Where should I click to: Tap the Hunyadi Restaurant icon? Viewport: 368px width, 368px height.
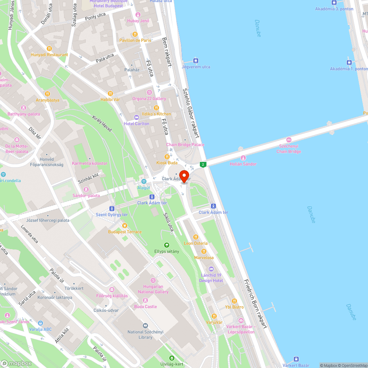coord(49,48)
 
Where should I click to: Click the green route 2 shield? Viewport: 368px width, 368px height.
coord(202,164)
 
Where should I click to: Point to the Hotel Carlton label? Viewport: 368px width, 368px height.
coord(137,124)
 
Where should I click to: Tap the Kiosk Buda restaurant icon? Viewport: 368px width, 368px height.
coord(167,156)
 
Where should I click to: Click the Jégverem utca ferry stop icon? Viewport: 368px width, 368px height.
coord(196,61)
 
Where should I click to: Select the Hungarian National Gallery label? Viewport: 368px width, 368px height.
coord(153,289)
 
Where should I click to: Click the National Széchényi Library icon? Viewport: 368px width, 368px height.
coord(145,326)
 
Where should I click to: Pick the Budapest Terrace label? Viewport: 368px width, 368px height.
coord(125,232)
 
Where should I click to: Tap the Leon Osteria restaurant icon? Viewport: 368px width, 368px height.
coord(196,237)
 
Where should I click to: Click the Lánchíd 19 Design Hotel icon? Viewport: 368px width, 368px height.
coord(211,269)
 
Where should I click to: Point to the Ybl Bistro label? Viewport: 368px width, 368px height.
coord(234,307)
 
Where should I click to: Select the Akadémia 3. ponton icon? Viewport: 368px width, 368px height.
coord(334,3)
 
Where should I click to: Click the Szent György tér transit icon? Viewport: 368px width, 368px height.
coord(112,208)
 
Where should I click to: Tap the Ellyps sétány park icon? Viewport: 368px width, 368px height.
coord(167,245)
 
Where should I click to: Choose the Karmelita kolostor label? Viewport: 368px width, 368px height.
coord(89,163)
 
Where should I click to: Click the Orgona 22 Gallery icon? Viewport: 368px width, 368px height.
coord(149,92)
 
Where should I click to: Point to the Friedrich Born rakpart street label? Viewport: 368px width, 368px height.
coord(255,303)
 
